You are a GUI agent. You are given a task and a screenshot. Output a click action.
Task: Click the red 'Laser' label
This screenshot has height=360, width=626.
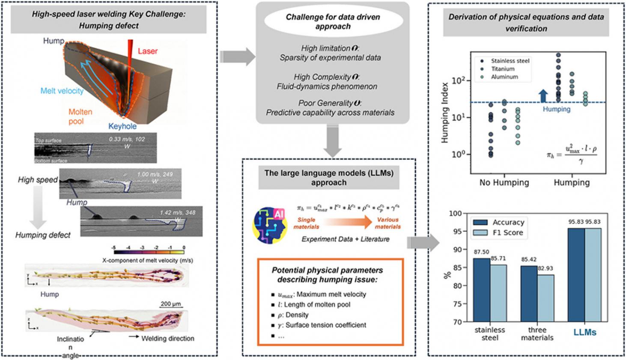click(x=147, y=51)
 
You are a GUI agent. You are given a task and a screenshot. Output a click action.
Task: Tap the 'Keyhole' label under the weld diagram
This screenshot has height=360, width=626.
click(x=122, y=126)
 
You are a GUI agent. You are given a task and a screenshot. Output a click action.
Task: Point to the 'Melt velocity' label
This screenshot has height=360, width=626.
click(x=62, y=91)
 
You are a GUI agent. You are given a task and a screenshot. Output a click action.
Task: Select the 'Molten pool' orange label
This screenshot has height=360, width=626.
click(x=80, y=116)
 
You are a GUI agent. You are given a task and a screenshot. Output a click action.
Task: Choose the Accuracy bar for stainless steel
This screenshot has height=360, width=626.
click(x=481, y=290)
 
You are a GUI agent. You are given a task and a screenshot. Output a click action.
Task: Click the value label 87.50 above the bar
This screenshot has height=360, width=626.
click(x=481, y=252)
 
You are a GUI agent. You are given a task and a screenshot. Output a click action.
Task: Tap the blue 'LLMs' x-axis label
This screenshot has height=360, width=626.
click(x=584, y=333)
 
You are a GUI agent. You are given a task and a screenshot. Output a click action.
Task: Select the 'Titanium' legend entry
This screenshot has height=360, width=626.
click(x=502, y=69)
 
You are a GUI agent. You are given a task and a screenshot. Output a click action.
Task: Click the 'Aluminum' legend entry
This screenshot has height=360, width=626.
click(x=504, y=77)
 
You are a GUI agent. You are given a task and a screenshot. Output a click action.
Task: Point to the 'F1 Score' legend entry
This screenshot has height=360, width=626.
click(x=507, y=233)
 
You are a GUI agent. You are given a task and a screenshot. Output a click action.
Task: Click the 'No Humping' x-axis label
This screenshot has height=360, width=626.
click(x=504, y=183)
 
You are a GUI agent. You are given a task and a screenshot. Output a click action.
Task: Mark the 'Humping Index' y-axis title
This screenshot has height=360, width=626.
click(x=445, y=113)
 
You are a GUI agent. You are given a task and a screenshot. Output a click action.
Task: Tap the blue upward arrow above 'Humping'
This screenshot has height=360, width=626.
click(x=543, y=96)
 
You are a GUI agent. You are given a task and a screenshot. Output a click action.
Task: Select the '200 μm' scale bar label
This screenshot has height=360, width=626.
click(x=171, y=304)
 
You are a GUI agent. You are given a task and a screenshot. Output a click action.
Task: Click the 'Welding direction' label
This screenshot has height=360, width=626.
click(x=167, y=338)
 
